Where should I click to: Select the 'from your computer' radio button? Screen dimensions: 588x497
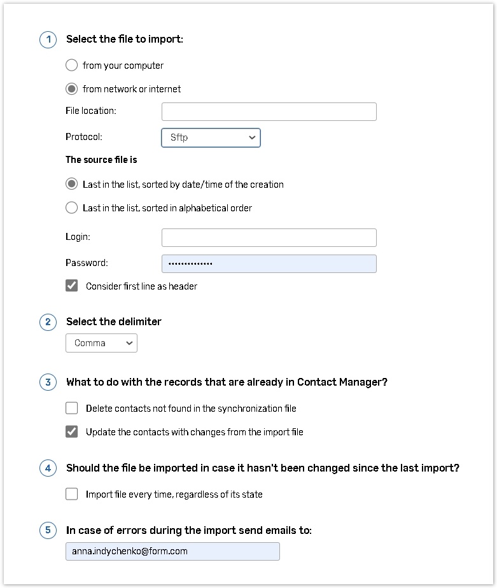(72, 66)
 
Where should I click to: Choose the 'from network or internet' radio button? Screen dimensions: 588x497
(72, 89)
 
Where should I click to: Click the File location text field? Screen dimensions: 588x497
(269, 111)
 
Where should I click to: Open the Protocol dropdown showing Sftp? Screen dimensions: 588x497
(211, 137)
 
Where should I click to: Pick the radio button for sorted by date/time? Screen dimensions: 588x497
(72, 185)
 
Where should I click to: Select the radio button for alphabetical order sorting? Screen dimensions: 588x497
(72, 208)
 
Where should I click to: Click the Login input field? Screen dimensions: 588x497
(269, 237)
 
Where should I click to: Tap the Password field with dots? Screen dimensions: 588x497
(269, 263)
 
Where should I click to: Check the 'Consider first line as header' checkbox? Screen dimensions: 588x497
(72, 286)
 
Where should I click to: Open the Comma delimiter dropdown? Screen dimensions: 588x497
(101, 343)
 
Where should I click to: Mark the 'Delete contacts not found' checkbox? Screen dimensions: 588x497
(72, 408)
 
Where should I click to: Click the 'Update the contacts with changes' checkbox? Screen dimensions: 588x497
(72, 432)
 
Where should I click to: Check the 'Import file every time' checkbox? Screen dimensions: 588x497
(72, 494)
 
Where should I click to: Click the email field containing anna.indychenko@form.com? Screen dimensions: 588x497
(172, 551)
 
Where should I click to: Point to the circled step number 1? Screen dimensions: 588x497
(48, 39)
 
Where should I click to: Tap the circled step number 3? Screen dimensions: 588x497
(48, 382)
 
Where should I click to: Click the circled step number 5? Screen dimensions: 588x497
(48, 530)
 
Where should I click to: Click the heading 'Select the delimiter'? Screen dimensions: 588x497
(114, 322)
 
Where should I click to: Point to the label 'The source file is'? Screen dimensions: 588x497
(101, 160)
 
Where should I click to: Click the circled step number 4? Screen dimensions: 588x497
(48, 468)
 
